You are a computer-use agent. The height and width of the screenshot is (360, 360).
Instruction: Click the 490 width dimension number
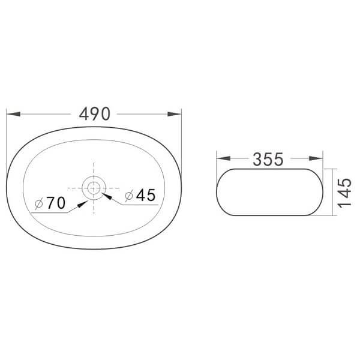[x=95, y=114]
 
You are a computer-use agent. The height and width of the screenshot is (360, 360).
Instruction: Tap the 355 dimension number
[x=268, y=160]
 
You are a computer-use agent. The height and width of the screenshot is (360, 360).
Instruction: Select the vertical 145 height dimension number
[x=344, y=193]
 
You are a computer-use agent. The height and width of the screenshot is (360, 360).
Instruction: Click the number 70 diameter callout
[x=56, y=203]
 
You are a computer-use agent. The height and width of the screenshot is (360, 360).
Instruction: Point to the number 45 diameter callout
[x=146, y=195]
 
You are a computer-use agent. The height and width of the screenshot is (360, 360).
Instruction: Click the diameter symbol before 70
[x=39, y=203]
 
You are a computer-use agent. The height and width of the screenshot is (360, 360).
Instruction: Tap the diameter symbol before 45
[x=129, y=196]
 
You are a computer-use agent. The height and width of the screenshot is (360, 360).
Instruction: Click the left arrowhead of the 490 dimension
[x=13, y=114]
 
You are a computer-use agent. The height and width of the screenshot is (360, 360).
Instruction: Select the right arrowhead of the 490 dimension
[x=175, y=114]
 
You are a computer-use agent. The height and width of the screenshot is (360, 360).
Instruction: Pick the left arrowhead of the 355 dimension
[x=223, y=158]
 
